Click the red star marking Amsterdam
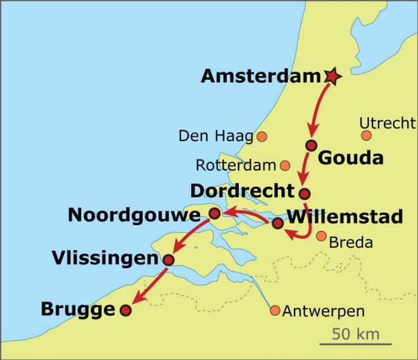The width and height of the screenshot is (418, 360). point(332,77)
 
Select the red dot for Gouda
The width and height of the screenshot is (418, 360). point(310,146)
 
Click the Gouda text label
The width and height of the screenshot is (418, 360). point(350,158)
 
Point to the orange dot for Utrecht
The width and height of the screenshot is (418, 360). point(366,135)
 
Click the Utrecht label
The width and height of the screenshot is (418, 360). point(387,122)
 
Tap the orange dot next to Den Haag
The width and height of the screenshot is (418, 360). point(262,136)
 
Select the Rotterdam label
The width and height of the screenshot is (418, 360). point(236,166)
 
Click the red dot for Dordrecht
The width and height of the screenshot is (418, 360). point(305,194)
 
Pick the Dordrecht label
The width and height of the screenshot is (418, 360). point(243,191)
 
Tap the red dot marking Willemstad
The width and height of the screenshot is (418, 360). point(277,223)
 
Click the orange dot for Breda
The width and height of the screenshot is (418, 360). point(321,237)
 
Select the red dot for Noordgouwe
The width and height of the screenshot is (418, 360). point(214,214)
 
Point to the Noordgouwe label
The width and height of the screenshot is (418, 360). point(134,215)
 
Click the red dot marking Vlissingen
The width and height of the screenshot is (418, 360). point(168,259)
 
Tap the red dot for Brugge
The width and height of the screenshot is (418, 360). point(125,310)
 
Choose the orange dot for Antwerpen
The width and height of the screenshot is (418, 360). point(275,311)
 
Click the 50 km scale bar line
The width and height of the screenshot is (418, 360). point(351,344)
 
